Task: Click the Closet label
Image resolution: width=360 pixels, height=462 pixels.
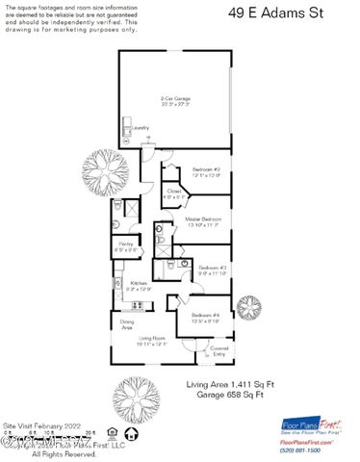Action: click(x=173, y=192)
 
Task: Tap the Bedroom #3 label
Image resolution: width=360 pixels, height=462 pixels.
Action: click(x=212, y=269)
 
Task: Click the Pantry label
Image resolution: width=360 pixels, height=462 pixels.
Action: click(x=126, y=245)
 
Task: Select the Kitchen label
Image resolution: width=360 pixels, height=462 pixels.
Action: click(x=139, y=283)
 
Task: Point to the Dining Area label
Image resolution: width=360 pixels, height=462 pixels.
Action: click(x=126, y=325)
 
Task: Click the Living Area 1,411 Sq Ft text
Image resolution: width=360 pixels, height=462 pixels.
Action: click(x=230, y=384)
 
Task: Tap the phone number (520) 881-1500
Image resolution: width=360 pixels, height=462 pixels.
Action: click(x=306, y=449)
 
